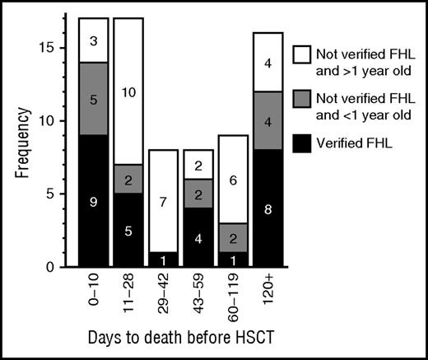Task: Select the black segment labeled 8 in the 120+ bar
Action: tap(267, 208)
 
